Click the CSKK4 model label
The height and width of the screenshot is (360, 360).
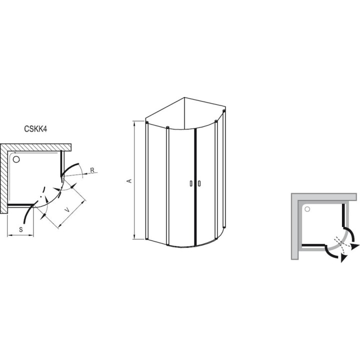pos(35,129)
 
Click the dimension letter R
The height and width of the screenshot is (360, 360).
pos(92,170)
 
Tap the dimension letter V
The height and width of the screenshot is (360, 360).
pos(67,210)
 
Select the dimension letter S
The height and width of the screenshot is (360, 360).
pos(21,229)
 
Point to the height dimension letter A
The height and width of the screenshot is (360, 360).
pos(129,180)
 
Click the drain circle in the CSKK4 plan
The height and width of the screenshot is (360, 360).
pos(16,159)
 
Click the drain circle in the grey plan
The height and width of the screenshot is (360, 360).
pos(307,209)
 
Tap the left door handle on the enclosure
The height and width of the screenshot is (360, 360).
pos(191,183)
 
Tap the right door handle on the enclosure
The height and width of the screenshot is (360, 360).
pos(199,183)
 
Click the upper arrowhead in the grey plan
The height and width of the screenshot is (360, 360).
pos(354,246)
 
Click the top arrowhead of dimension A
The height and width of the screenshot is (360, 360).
pos(135,123)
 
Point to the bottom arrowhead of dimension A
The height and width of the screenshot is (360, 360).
pos(135,236)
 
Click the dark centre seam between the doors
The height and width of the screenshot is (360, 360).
pos(195,187)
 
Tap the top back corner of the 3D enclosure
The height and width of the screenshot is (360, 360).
pos(184,97)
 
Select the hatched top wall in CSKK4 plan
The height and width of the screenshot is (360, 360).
pos(35,147)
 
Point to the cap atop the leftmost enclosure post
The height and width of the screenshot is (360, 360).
pos(147,122)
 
